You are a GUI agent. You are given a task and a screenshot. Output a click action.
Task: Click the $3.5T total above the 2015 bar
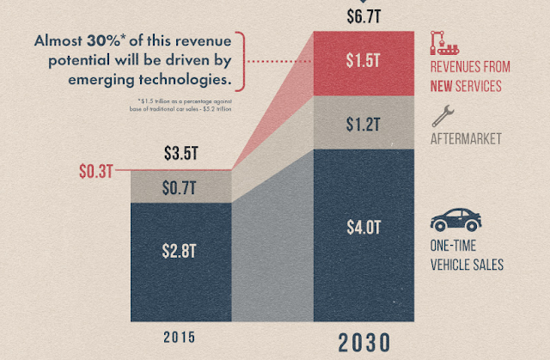pyautogui.click(x=180, y=156)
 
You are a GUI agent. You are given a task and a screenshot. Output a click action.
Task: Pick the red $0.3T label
pyautogui.click(x=95, y=170)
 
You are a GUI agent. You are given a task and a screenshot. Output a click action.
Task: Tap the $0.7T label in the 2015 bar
pyautogui.click(x=180, y=186)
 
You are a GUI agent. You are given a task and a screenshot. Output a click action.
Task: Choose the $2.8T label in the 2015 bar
pyautogui.click(x=180, y=251)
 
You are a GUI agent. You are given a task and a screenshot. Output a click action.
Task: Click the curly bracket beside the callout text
pyautogui.click(x=239, y=61)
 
